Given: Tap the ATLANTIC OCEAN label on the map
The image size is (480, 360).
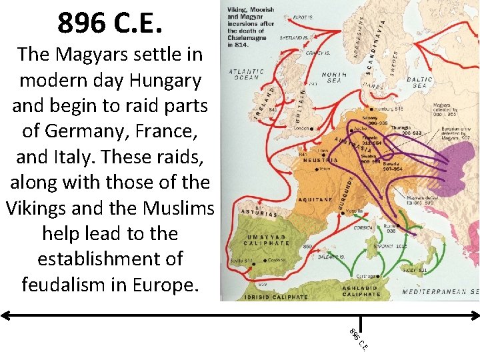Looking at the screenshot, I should (x=247, y=75).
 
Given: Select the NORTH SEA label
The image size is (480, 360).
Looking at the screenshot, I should (x=333, y=77).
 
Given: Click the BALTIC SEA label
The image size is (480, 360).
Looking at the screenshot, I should (x=420, y=83).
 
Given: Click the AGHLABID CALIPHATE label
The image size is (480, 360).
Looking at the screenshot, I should (x=362, y=291).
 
